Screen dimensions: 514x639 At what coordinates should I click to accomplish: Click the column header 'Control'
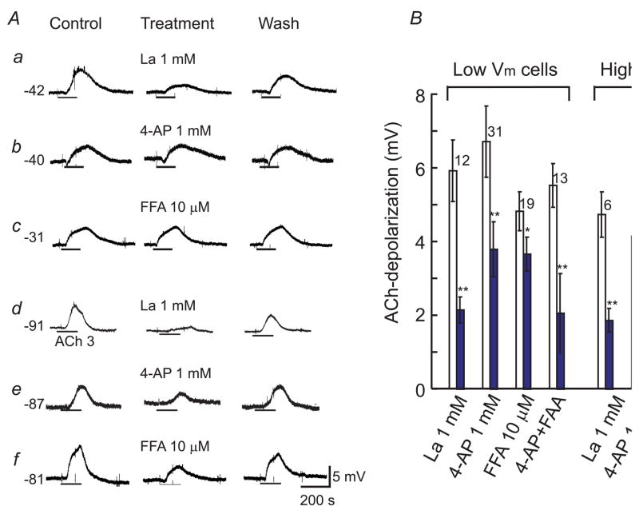click(x=76, y=23)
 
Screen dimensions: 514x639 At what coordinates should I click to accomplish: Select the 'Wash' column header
click(x=279, y=23)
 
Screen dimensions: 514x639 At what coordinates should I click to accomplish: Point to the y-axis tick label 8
click(x=417, y=95)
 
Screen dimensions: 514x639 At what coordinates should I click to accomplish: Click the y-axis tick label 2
click(x=417, y=316)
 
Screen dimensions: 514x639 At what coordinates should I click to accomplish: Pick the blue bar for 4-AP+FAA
click(x=561, y=351)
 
